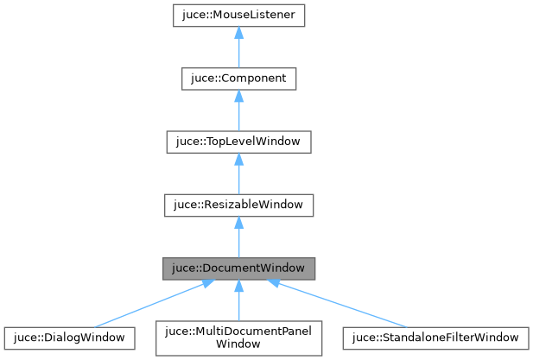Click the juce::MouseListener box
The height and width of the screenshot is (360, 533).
click(x=239, y=16)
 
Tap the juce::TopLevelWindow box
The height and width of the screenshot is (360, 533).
click(x=239, y=142)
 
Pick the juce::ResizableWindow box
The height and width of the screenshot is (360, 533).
click(x=239, y=205)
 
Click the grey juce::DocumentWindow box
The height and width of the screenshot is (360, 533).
click(x=239, y=268)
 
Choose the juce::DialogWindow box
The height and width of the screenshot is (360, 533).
click(x=69, y=337)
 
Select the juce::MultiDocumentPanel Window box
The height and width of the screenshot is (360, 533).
click(x=239, y=337)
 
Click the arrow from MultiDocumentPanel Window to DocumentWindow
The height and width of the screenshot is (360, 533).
click(x=239, y=302)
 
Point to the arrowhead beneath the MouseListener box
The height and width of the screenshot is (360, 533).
click(x=239, y=33)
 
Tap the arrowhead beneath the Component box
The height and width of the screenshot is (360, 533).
click(x=239, y=96)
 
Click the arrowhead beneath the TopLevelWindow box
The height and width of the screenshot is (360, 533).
click(x=239, y=159)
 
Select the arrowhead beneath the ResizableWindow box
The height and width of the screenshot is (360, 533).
click(x=239, y=222)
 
